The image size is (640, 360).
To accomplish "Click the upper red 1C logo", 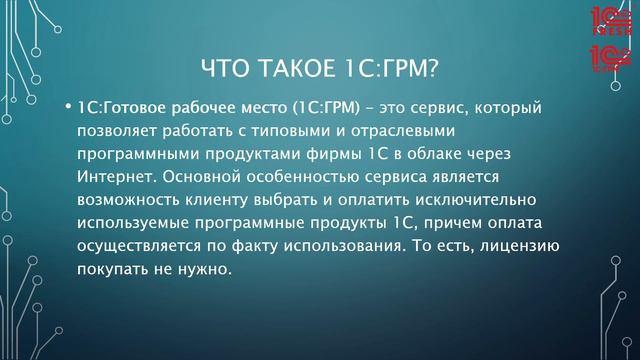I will (x=608, y=22).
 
